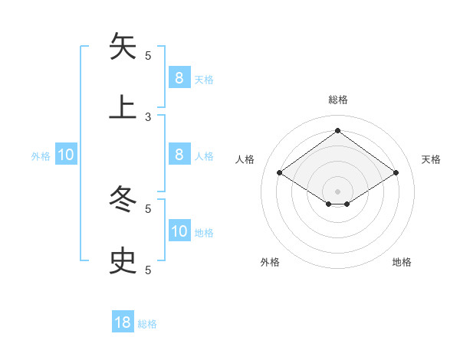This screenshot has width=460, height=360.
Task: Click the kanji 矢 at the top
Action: click(x=123, y=47)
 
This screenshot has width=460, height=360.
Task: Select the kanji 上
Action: click(x=123, y=108)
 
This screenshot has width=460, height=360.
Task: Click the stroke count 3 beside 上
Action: click(x=148, y=116)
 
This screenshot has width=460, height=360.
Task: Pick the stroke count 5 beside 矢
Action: click(x=148, y=55)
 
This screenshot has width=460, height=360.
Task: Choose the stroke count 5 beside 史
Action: click(x=148, y=270)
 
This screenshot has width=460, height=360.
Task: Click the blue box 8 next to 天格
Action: click(x=179, y=77)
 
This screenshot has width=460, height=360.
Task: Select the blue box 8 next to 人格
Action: click(x=179, y=155)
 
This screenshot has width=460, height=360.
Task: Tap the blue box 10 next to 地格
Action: click(x=179, y=231)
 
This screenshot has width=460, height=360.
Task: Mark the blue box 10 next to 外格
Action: click(x=66, y=155)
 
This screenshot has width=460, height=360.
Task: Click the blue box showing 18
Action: click(x=123, y=322)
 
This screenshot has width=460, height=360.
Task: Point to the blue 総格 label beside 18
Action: click(x=147, y=324)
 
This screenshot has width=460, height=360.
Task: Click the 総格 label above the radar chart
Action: click(x=338, y=100)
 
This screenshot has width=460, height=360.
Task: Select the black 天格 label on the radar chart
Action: click(x=432, y=159)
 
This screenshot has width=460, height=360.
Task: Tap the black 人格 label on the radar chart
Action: click(x=245, y=159)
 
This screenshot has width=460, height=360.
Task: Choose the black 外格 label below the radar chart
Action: click(x=270, y=262)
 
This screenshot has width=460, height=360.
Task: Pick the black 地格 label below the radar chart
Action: click(x=402, y=262)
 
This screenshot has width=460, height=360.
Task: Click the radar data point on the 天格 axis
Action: click(x=396, y=173)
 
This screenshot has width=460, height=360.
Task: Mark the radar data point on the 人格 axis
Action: click(x=280, y=173)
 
